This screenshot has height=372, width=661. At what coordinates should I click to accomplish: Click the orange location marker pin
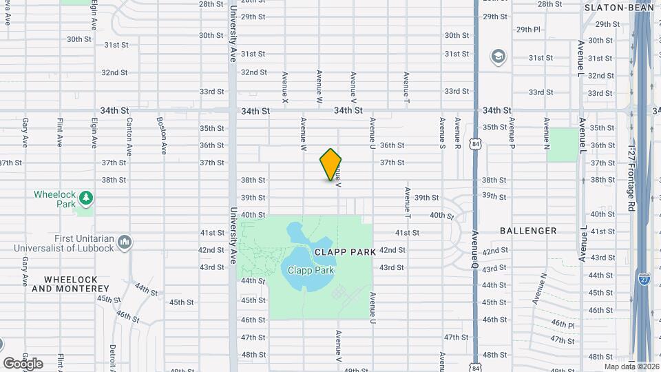(x=330, y=165)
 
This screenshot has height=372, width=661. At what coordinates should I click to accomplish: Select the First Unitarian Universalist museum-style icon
(x=125, y=242)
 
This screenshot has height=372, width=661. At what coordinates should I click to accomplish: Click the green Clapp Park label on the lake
(x=311, y=271)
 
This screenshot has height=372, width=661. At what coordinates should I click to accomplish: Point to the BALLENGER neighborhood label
(x=528, y=231)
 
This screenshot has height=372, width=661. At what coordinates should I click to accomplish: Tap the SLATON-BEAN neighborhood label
(x=619, y=8)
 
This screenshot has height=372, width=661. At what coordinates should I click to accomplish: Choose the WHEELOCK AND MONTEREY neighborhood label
(x=70, y=284)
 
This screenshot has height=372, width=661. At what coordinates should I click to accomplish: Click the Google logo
(x=23, y=363)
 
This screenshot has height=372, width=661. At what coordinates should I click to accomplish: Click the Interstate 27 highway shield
(x=644, y=278)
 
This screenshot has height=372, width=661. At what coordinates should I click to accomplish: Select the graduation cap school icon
(x=498, y=56)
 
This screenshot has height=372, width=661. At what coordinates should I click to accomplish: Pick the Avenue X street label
(x=284, y=87)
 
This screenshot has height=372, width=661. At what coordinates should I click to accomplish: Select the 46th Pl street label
(x=563, y=324)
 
